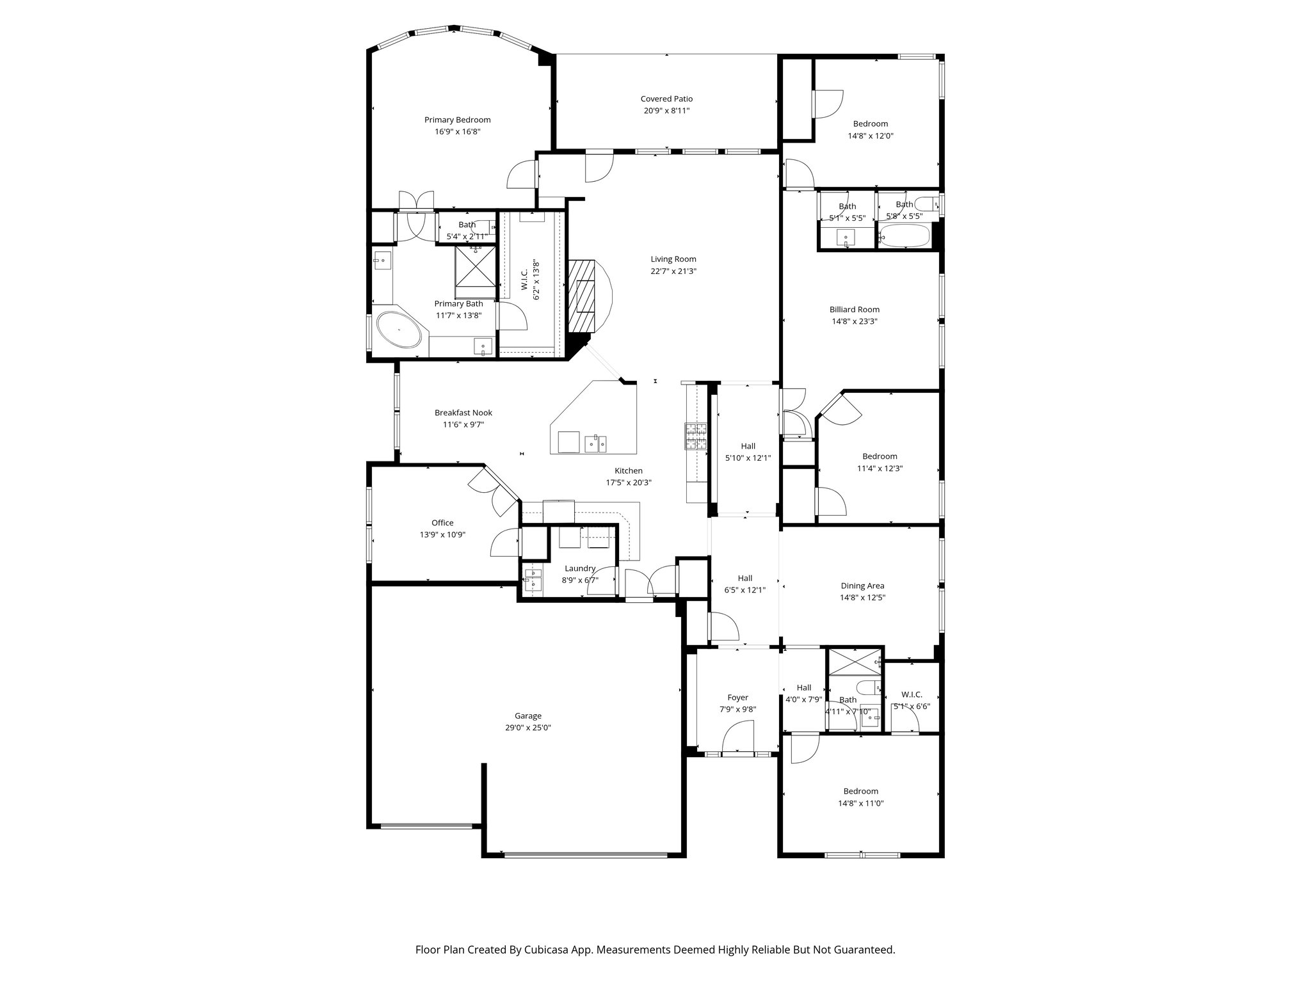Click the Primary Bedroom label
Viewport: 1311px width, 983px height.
pyautogui.click(x=457, y=120)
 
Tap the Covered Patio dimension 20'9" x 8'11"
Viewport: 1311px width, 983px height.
pyautogui.click(x=666, y=111)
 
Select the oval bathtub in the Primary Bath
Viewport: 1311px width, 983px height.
pyautogui.click(x=399, y=330)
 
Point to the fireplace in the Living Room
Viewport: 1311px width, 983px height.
pyautogui.click(x=584, y=296)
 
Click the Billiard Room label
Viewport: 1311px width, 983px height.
pyautogui.click(x=854, y=310)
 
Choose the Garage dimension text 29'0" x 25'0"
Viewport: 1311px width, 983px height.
pyautogui.click(x=527, y=728)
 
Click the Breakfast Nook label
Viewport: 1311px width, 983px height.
pyautogui.click(x=463, y=413)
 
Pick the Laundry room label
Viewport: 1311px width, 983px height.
pyautogui.click(x=579, y=568)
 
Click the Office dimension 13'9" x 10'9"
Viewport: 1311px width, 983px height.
pyautogui.click(x=442, y=534)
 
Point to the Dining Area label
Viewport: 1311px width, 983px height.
pyautogui.click(x=862, y=586)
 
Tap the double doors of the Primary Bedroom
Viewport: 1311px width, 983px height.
pyautogui.click(x=416, y=200)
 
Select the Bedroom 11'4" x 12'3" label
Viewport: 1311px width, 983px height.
pyautogui.click(x=879, y=456)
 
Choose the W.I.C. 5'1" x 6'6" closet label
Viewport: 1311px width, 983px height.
pyautogui.click(x=911, y=694)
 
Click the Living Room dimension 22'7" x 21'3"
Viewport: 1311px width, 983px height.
pyautogui.click(x=673, y=271)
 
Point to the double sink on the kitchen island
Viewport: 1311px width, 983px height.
pyautogui.click(x=595, y=442)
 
